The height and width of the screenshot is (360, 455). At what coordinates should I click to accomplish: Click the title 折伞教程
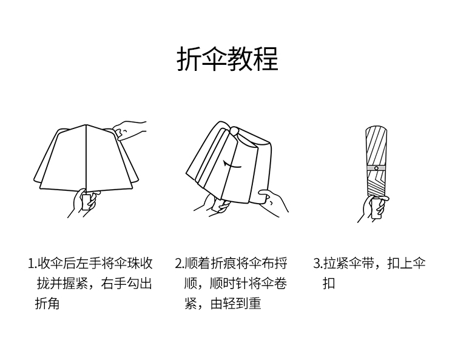click(x=227, y=59)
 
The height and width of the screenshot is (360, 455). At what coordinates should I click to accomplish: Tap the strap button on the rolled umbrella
click(x=376, y=167)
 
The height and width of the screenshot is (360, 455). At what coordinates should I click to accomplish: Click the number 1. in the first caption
click(x=32, y=264)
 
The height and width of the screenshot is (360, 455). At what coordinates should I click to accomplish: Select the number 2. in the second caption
click(x=179, y=264)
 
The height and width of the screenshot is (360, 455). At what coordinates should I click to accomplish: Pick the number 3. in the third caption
click(x=317, y=264)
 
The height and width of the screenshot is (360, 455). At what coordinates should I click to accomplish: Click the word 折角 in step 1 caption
click(x=47, y=303)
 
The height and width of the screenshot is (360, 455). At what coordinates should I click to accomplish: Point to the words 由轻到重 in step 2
click(x=236, y=303)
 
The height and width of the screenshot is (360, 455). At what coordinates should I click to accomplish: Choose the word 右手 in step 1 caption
click(x=114, y=284)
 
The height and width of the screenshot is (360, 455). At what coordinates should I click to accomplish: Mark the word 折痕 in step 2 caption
click(x=229, y=264)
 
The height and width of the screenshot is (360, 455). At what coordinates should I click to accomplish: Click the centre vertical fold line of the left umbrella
click(x=86, y=158)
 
